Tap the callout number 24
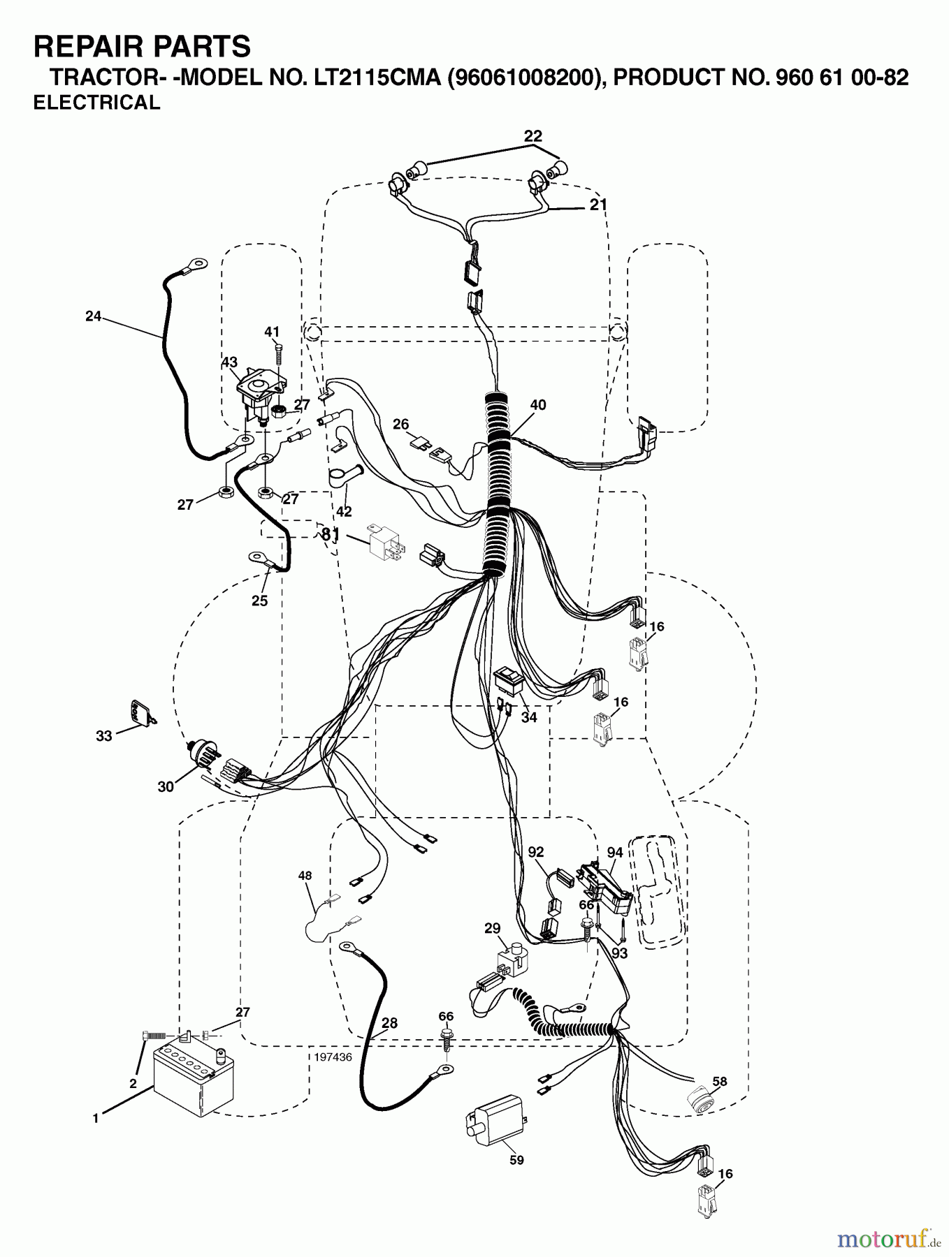click(93, 316)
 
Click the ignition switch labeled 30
click(205, 757)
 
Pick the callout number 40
click(538, 405)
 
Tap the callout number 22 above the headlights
click(533, 135)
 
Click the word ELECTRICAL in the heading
click(97, 103)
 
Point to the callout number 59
click(516, 1160)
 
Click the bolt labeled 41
click(279, 353)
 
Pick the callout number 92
click(536, 852)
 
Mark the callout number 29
click(493, 928)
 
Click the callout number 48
click(305, 875)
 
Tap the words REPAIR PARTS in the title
click(142, 46)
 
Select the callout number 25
click(259, 601)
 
